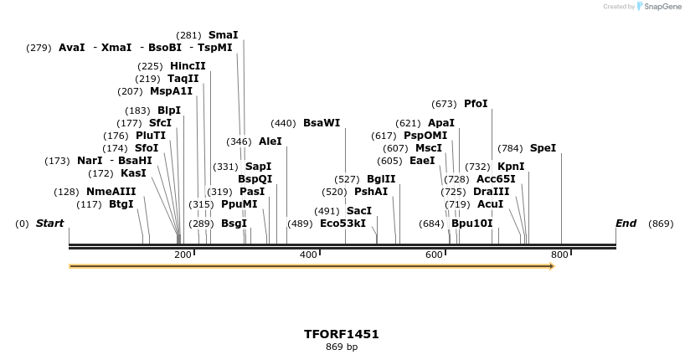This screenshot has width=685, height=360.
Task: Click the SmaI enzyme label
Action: click(223, 35)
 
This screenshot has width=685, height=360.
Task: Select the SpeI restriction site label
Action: click(543, 148)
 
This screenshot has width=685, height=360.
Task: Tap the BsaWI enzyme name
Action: click(322, 123)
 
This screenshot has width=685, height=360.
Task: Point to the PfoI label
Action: click(476, 104)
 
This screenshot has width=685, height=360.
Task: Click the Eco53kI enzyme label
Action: click(342, 224)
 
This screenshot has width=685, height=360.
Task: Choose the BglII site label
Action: click(381, 179)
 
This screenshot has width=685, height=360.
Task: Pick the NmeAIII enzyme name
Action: click(111, 192)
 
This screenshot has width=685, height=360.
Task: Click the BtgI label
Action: click(121, 204)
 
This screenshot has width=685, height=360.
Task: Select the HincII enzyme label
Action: click(188, 66)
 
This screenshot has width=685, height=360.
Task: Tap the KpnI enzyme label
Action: click(511, 167)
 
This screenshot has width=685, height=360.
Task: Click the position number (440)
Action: click(283, 123)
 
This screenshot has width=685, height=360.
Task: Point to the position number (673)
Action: click(444, 104)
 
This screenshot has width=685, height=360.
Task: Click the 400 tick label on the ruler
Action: click(308, 255)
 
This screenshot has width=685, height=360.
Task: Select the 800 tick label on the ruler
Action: click(559, 255)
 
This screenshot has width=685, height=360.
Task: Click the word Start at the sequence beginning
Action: click(49, 224)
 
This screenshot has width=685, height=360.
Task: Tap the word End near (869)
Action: click(626, 224)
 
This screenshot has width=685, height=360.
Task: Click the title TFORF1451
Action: click(342, 334)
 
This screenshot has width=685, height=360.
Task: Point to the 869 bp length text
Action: click(342, 347)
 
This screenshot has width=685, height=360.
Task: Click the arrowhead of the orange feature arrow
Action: click(551, 266)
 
